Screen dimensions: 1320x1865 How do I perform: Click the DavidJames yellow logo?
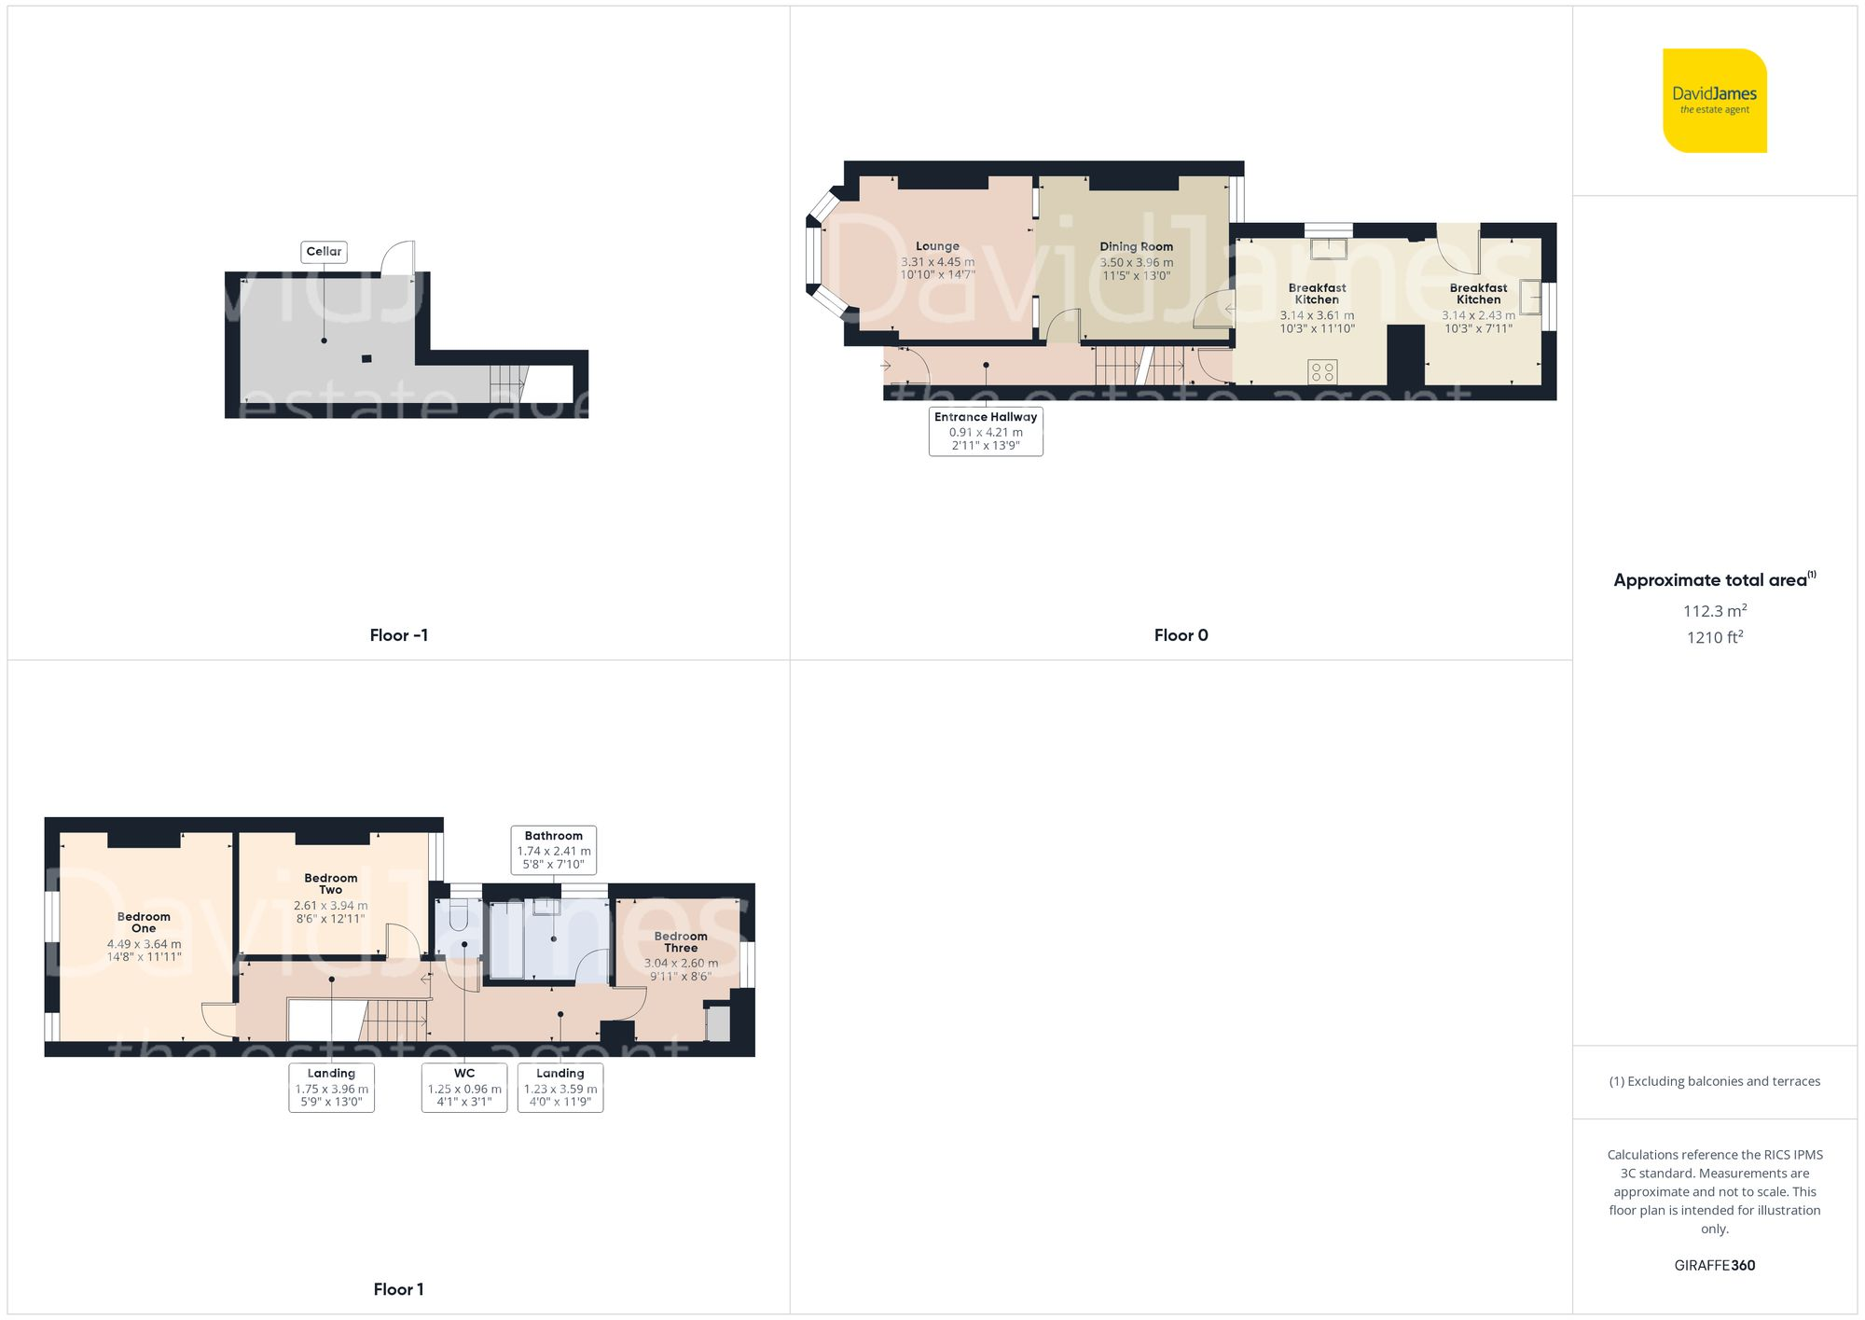tap(1714, 101)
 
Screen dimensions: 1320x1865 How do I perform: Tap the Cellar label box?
tap(324, 251)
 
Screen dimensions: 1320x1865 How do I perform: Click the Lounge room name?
tap(937, 246)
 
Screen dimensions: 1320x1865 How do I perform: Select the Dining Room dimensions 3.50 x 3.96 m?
tap(1136, 262)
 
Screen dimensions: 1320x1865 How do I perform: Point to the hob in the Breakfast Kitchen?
tap(1322, 371)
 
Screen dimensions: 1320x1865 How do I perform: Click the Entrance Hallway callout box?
tap(986, 431)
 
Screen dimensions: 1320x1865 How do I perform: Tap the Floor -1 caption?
tap(398, 635)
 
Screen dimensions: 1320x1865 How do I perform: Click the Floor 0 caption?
tap(1181, 635)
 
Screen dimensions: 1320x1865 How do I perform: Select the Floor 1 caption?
tap(398, 1289)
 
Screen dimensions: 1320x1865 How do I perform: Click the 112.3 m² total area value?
tap(1714, 611)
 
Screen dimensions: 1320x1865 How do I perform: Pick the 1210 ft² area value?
tap(1714, 637)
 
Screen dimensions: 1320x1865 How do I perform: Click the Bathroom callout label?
tap(553, 849)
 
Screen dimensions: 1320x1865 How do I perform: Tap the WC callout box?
tap(464, 1088)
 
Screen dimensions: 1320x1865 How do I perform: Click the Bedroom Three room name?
tap(681, 941)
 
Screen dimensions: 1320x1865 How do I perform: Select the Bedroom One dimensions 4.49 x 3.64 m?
tap(144, 944)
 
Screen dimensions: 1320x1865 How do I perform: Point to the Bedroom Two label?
tap(330, 883)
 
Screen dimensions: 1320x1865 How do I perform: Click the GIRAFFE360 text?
tap(1714, 1265)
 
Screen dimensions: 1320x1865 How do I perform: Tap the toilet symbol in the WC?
tap(458, 916)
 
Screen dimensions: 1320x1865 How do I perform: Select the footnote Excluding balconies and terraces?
tap(1714, 1081)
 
